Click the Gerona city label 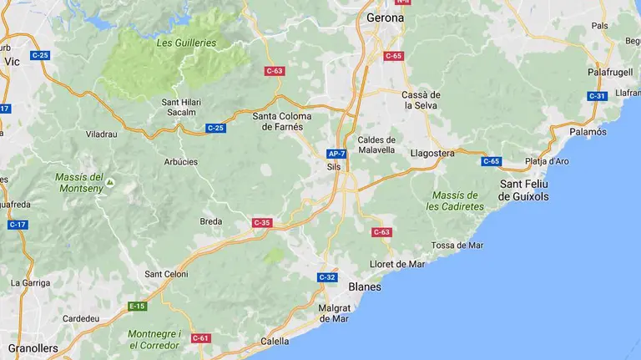385,17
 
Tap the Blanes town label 364,286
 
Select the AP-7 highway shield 336,154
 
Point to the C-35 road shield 262,223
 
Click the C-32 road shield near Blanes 327,277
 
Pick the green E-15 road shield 137,307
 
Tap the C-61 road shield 200,338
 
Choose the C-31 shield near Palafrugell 597,96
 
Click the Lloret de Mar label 397,264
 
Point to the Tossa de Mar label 457,245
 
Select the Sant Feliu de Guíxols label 524,190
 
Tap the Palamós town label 588,132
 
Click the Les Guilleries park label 185,43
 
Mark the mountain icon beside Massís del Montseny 109,180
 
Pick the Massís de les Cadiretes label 455,200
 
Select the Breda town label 211,221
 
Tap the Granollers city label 33,347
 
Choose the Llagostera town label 432,153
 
